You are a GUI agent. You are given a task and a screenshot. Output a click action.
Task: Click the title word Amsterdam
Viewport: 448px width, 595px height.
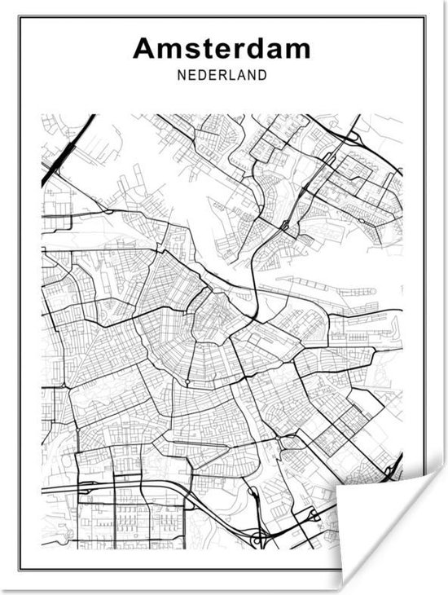pos(222,48)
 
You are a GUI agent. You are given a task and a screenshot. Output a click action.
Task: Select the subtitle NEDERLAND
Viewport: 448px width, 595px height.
pos(222,76)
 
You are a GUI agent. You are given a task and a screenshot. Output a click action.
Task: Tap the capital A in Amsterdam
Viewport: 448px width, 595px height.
pos(144,48)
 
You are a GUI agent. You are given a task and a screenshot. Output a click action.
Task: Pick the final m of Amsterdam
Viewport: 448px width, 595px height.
pos(298,51)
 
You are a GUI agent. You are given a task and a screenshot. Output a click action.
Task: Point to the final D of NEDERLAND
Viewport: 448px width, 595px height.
pos(262,76)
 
